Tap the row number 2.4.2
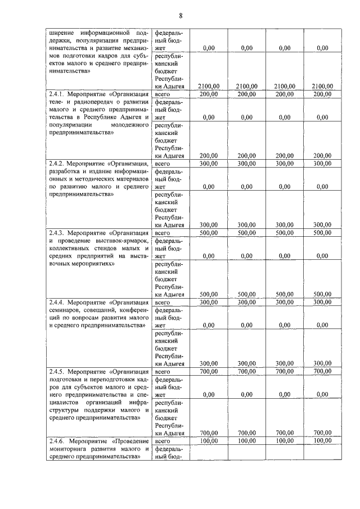(57, 163)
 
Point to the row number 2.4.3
(57, 232)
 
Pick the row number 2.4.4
(57, 302)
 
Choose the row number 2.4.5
(57, 371)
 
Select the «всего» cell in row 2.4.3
(163, 232)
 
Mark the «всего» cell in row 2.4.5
(163, 371)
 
